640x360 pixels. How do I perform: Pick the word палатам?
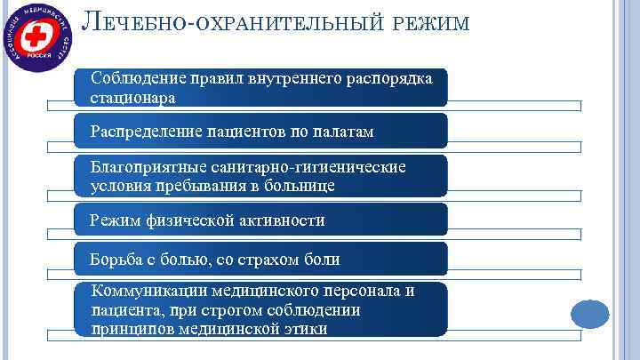pyautogui.click(x=341, y=132)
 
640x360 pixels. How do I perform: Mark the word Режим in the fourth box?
pyautogui.click(x=114, y=220)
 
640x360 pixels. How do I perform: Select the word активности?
pyautogui.click(x=284, y=220)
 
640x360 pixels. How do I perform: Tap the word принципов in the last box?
pyautogui.click(x=130, y=328)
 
